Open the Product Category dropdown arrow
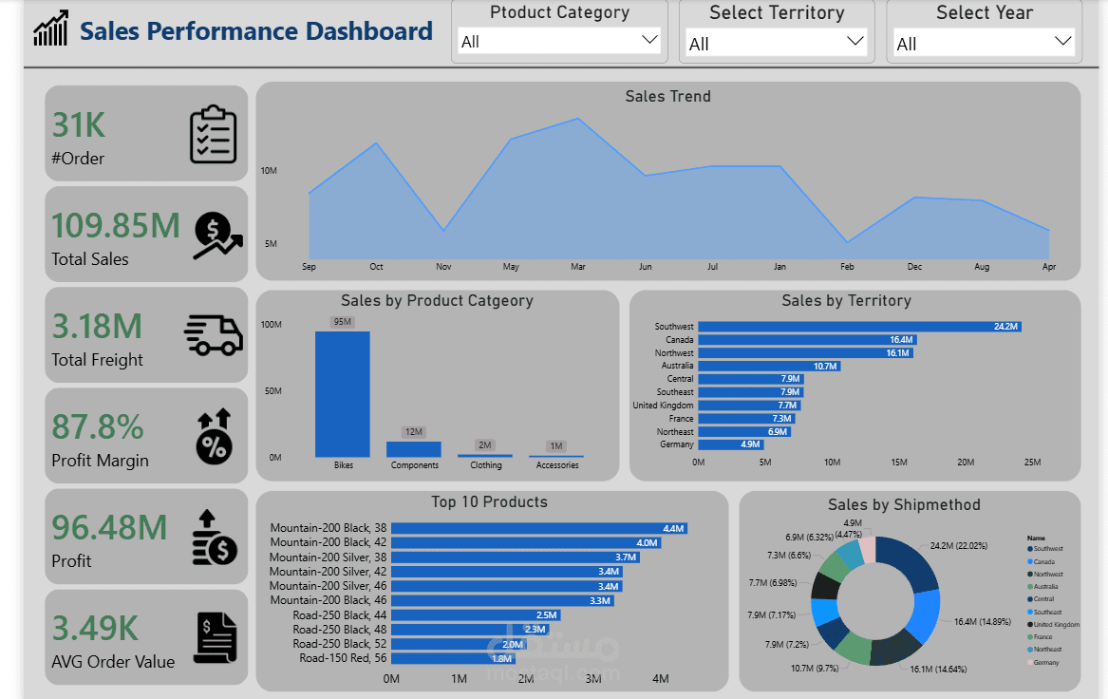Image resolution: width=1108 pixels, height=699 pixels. (x=649, y=40)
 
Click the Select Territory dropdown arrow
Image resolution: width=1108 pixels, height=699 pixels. (x=854, y=41)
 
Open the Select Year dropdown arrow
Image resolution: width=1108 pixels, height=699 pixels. (x=1063, y=41)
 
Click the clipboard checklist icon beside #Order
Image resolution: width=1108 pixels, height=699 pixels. (x=213, y=134)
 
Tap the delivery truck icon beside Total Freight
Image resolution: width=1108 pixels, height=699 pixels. (x=213, y=334)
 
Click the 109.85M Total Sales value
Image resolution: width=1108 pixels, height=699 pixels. (x=115, y=226)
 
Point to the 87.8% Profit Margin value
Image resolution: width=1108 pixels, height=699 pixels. (x=98, y=427)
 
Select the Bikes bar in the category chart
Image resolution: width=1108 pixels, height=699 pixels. (x=342, y=394)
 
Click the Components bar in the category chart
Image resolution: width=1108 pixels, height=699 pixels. (x=413, y=449)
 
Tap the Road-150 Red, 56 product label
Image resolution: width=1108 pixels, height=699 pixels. (x=343, y=658)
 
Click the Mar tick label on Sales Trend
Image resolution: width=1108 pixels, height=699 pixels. (x=578, y=267)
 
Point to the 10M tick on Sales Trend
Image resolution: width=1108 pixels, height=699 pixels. (x=269, y=171)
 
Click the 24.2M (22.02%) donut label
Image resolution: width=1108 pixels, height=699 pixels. (x=958, y=546)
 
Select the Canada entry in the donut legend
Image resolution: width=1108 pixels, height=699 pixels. (x=1042, y=561)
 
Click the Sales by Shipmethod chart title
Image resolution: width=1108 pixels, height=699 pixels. (x=904, y=504)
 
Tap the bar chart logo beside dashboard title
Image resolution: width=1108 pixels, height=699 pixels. (x=50, y=29)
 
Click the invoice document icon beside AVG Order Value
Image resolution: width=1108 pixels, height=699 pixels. (x=215, y=637)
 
